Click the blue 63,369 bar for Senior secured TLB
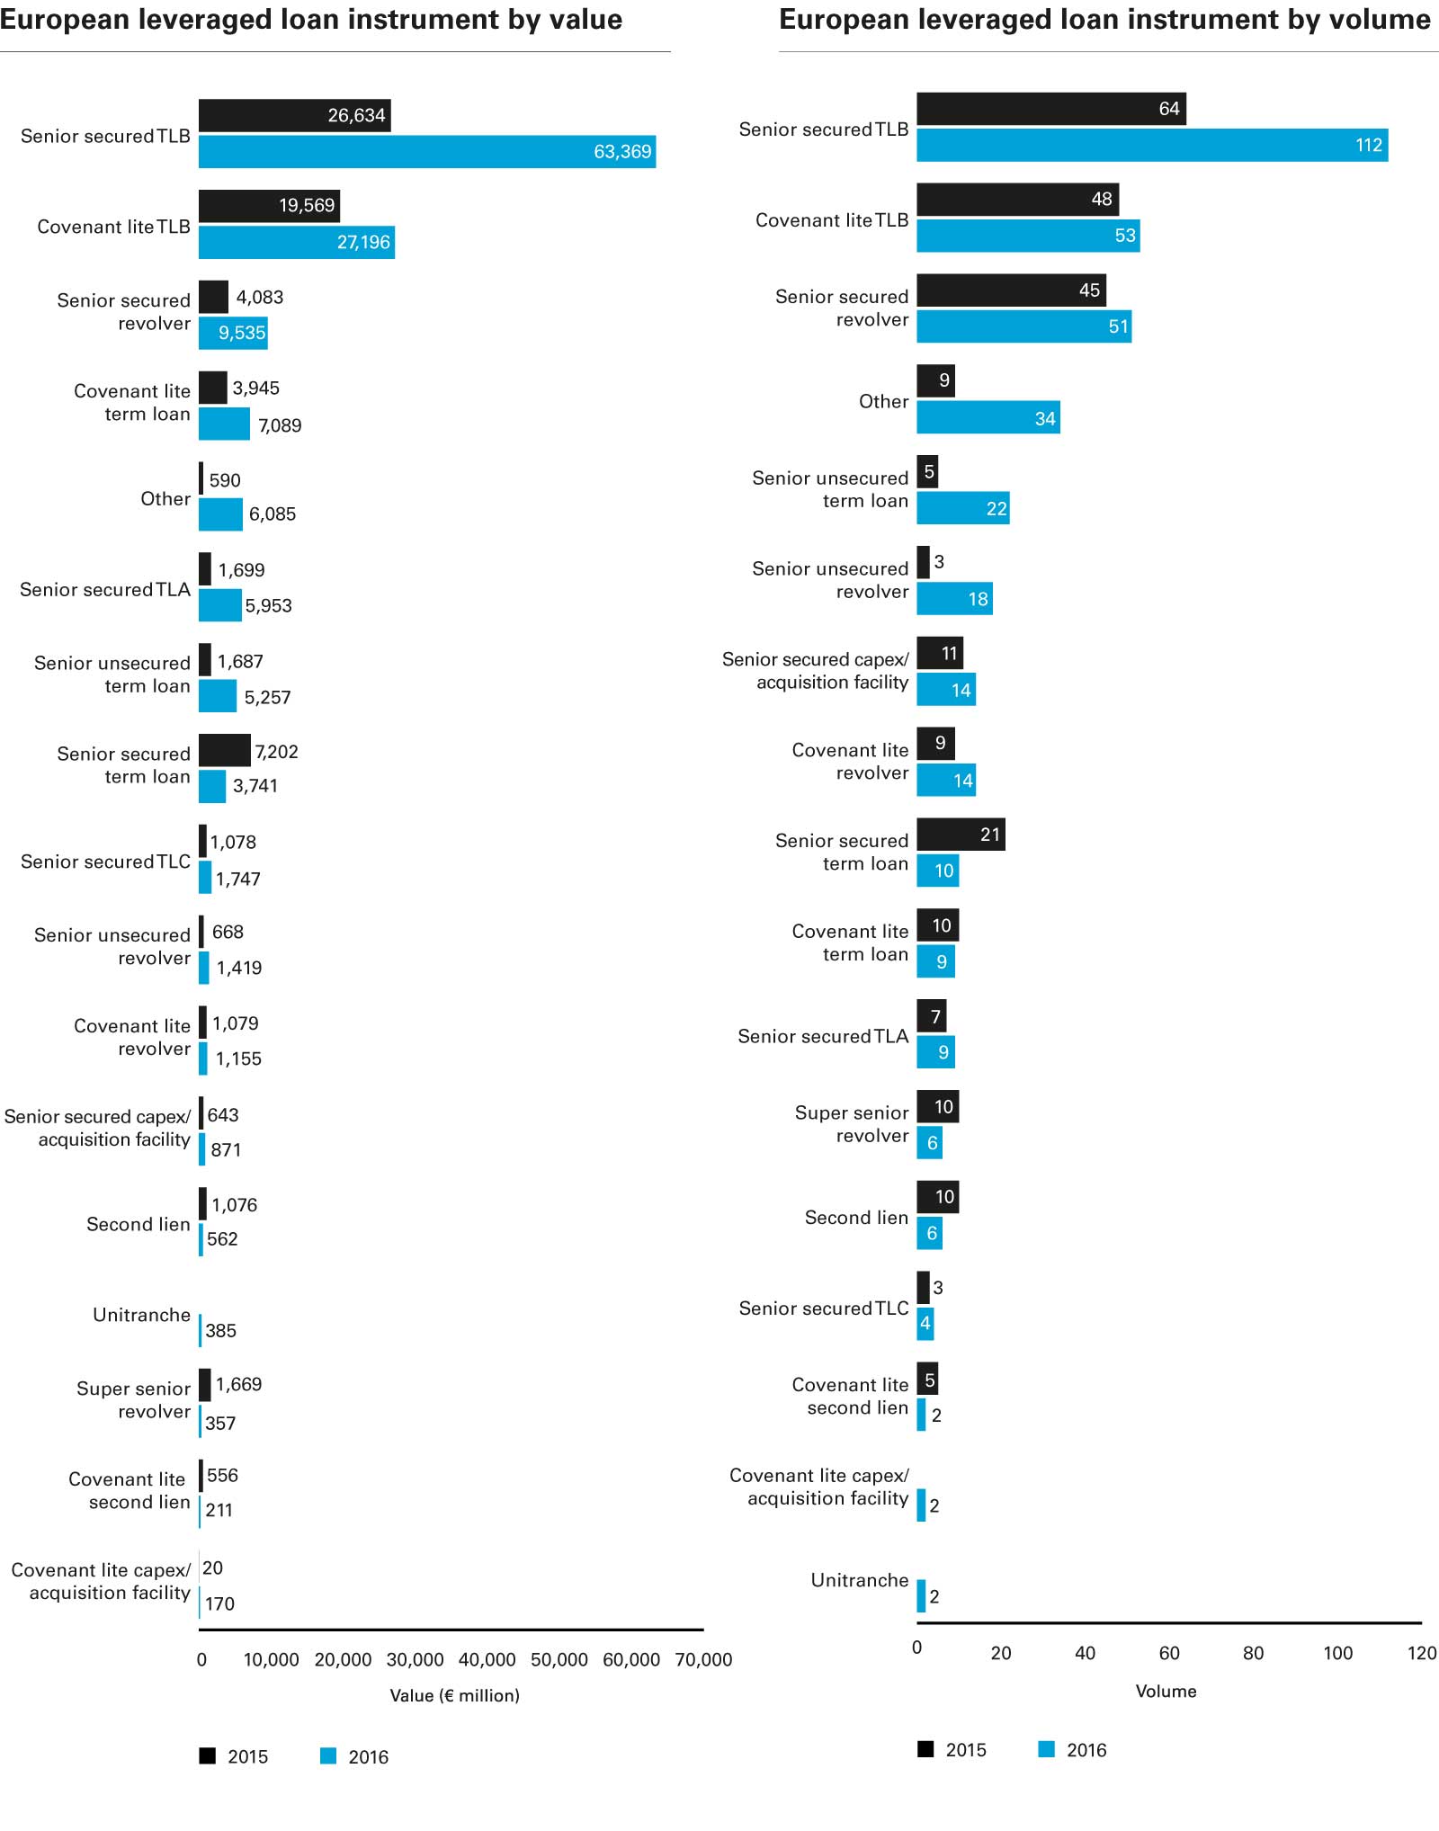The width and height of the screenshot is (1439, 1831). pos(426,152)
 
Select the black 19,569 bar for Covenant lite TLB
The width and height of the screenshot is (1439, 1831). pos(269,206)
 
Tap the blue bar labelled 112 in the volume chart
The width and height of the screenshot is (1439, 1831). pos(1151,146)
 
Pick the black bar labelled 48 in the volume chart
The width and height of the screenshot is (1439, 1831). pos(1016,200)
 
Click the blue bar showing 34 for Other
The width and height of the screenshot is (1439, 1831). pos(988,418)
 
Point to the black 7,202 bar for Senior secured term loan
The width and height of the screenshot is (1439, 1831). pos(224,751)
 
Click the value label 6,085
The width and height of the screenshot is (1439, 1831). pos(273,514)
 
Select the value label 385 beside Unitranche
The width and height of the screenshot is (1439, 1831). pos(220,1331)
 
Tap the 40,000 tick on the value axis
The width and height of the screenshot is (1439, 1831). pos(487,1659)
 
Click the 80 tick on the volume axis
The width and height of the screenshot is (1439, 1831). pos(1253,1653)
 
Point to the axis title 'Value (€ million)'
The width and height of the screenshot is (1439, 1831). pos(454,1695)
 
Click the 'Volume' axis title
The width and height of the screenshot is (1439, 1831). pos(1166,1691)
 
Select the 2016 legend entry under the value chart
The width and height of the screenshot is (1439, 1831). pos(354,1756)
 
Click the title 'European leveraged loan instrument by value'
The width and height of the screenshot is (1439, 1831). pos(311,20)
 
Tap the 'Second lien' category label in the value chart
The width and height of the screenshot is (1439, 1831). pos(139,1224)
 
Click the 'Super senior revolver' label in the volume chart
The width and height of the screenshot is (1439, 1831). pos(852,1124)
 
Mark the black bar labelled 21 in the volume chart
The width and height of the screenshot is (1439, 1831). pos(961,835)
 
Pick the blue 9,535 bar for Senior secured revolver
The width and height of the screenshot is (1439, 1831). pos(233,333)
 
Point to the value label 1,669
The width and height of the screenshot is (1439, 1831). pos(238,1384)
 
